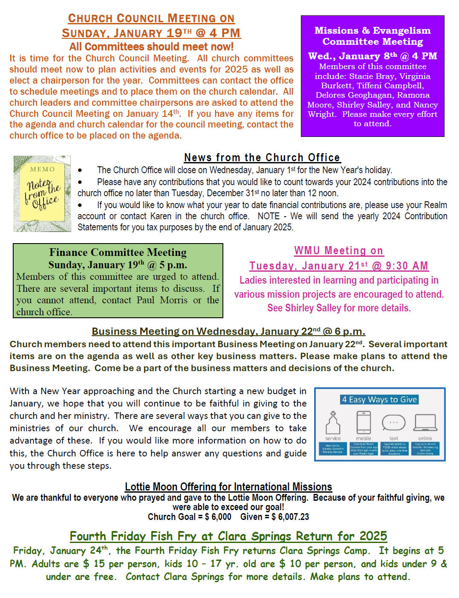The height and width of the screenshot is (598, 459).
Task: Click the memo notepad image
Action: point(42,194)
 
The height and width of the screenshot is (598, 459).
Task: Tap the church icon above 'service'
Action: point(333,423)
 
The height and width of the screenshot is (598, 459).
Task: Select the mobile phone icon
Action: point(364,423)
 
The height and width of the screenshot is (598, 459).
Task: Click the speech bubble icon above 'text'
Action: point(393,423)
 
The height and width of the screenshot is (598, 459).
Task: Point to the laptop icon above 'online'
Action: point(425,423)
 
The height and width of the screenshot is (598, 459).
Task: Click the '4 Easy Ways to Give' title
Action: point(379,400)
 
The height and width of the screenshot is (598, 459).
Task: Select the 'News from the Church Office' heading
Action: point(262,157)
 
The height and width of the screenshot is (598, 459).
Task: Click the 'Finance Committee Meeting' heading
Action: point(118,253)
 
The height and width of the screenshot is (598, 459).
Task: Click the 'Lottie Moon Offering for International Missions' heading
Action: point(228,487)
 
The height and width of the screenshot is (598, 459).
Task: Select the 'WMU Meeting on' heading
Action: point(339,251)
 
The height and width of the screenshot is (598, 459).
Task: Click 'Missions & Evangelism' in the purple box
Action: point(372,31)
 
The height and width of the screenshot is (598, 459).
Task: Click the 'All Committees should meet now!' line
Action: point(151,46)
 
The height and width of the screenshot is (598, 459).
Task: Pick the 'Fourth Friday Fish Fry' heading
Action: point(228,536)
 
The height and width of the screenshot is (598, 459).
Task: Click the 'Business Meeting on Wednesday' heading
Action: point(228,331)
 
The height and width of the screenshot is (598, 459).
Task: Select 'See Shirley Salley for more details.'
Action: point(339,308)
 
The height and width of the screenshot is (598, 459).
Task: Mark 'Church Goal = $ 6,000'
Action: point(189,517)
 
